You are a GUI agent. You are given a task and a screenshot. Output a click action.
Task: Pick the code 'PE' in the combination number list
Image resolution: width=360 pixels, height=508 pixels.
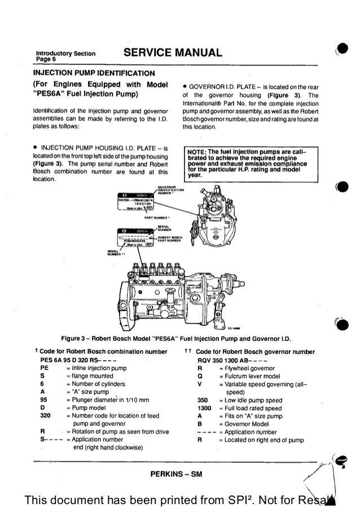[x=44, y=368]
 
